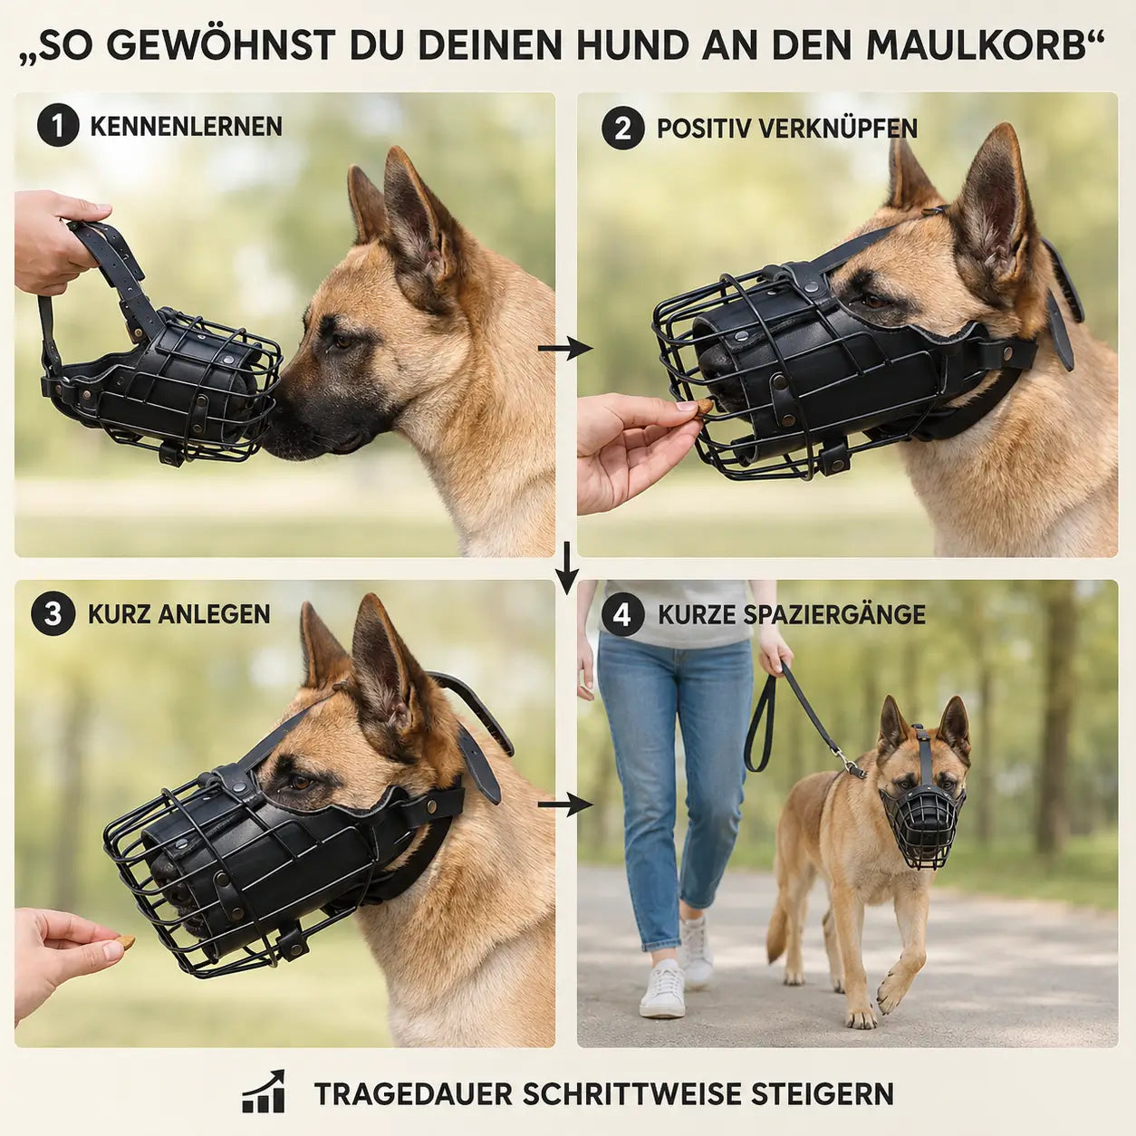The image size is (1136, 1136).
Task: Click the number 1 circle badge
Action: tap(58, 126)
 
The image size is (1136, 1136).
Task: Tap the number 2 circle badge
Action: tap(622, 128)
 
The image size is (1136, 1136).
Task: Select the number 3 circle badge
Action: tap(53, 613)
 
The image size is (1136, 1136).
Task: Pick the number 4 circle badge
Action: tap(622, 615)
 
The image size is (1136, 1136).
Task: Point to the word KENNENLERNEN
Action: tap(187, 127)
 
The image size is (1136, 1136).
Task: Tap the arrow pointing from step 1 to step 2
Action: tap(564, 350)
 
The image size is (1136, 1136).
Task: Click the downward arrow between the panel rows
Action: tap(567, 568)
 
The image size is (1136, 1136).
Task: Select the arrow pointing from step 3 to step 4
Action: tap(564, 804)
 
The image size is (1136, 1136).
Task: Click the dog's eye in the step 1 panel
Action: tap(340, 341)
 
